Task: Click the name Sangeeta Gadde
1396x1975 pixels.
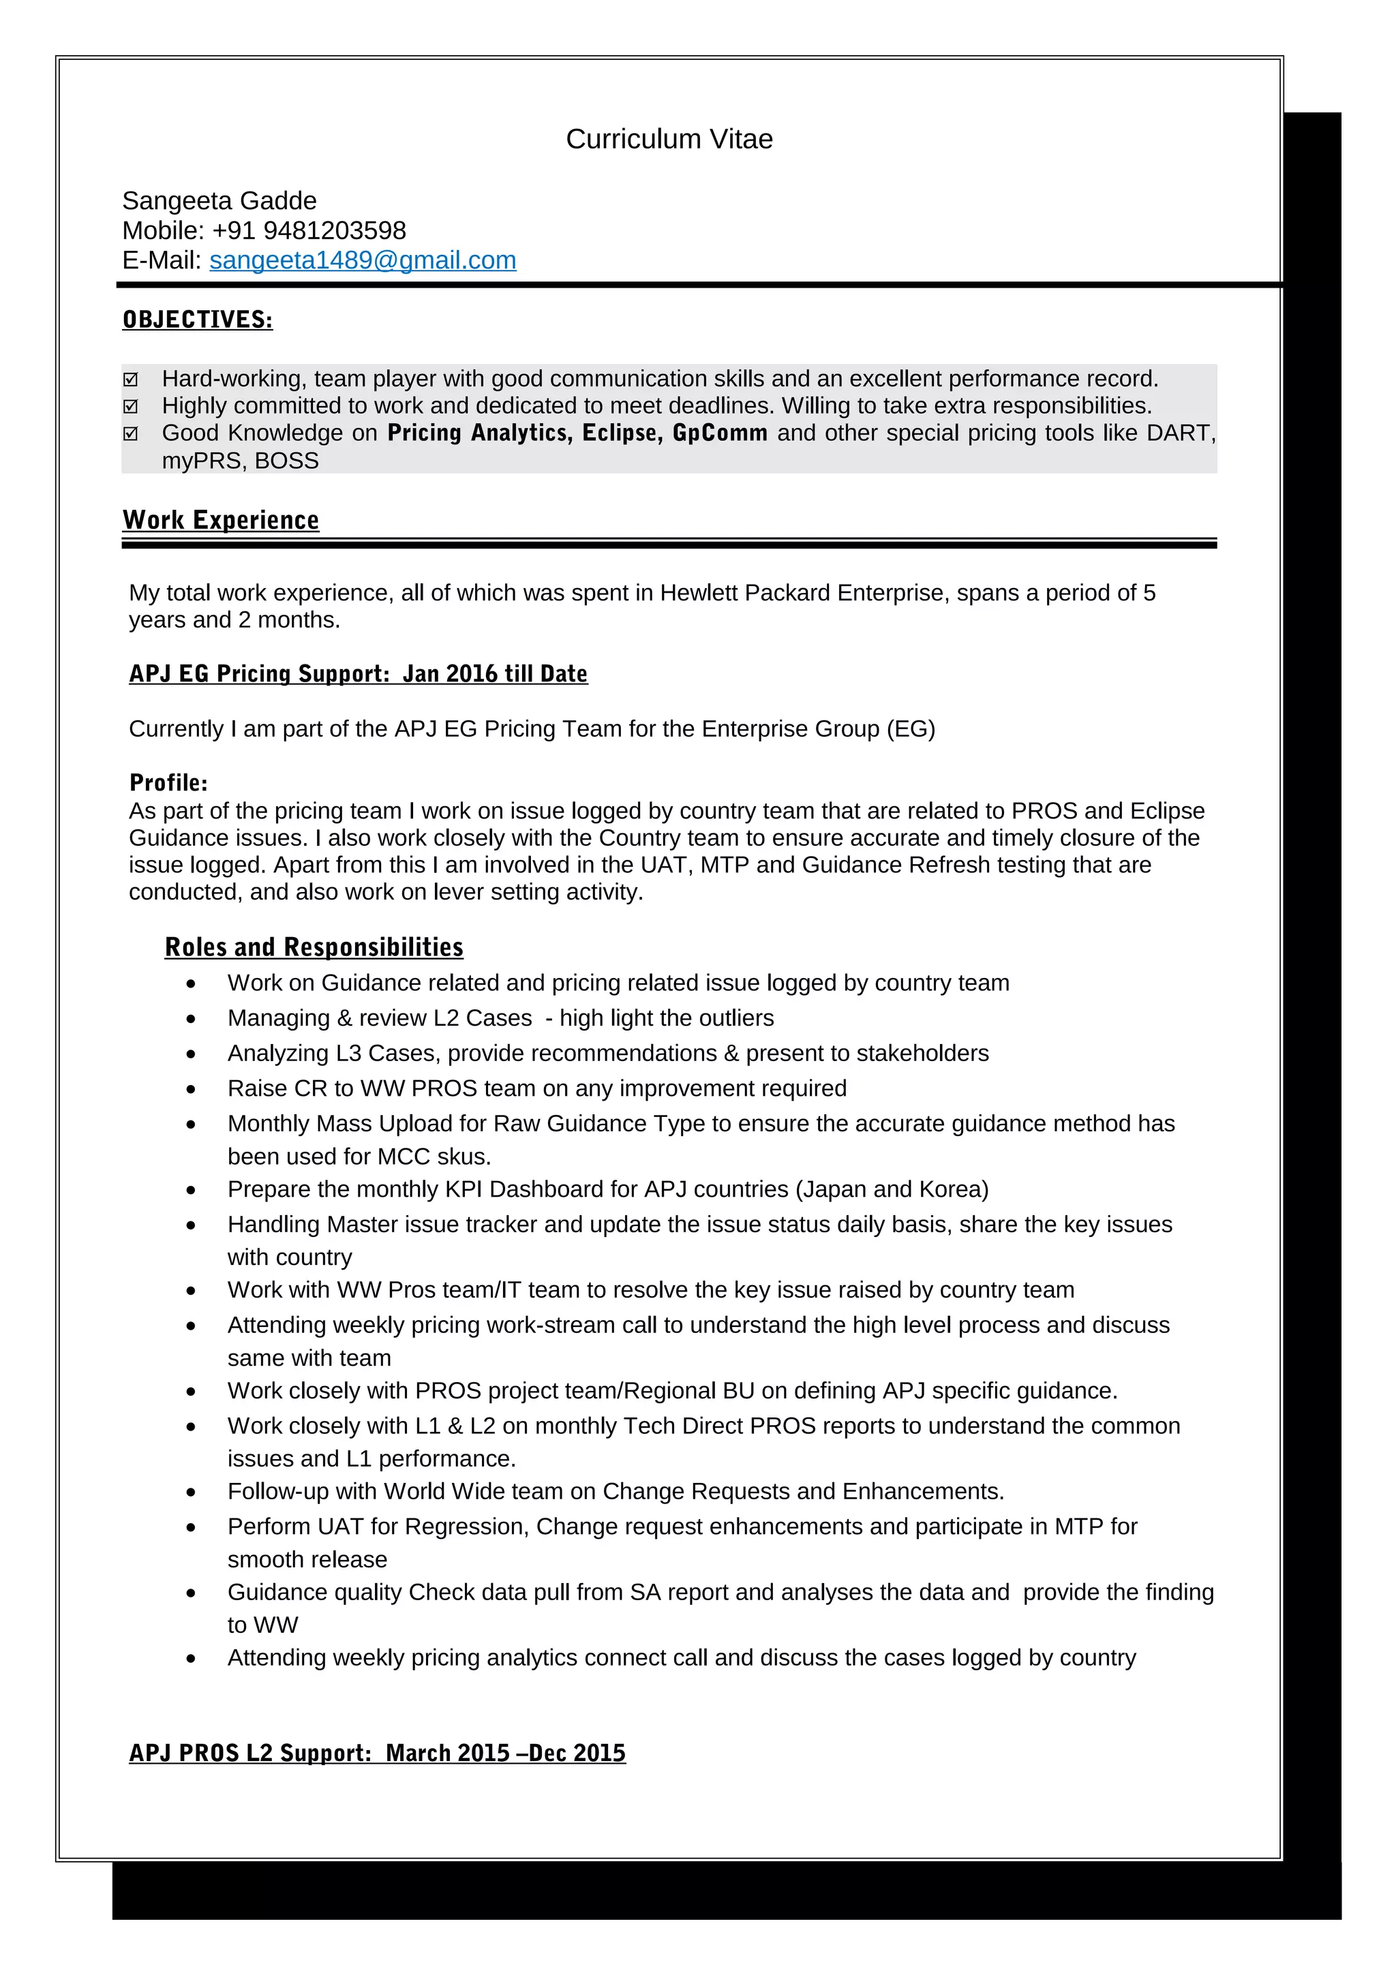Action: coord(219,201)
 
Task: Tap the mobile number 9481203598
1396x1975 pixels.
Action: coord(335,230)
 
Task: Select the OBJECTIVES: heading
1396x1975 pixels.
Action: coord(197,320)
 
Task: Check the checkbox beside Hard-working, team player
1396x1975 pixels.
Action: coord(131,380)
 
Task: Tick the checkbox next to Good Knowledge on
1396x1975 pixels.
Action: coord(131,433)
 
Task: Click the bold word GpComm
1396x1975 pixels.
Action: coord(719,433)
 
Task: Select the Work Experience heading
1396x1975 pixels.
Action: coord(220,521)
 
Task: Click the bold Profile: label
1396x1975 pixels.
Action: coord(168,783)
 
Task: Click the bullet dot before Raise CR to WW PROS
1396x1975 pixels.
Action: coord(191,1090)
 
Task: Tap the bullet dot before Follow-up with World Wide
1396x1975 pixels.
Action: coord(191,1492)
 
